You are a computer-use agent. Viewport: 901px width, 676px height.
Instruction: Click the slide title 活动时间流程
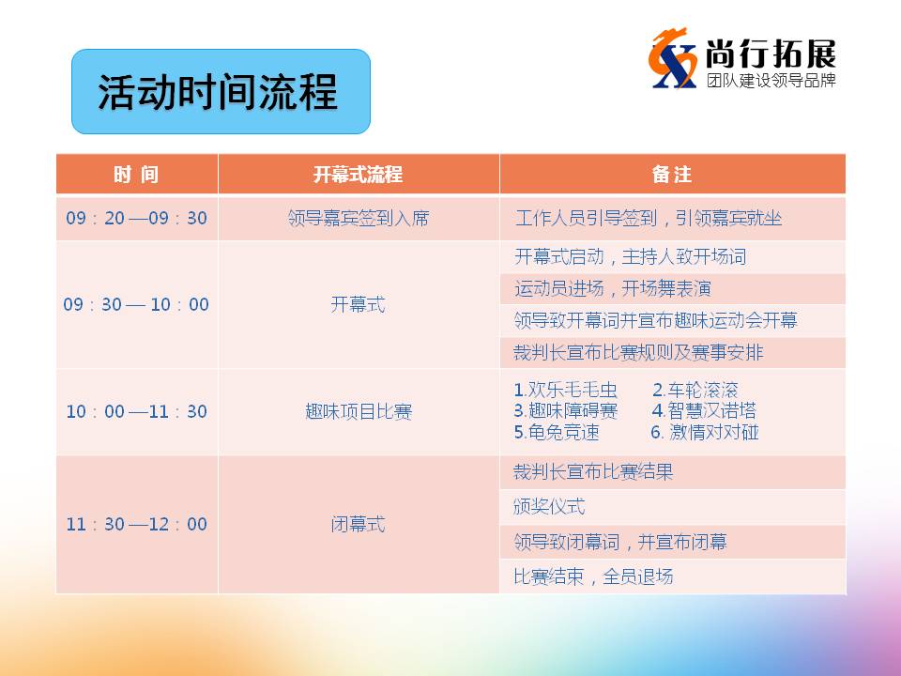tap(217, 92)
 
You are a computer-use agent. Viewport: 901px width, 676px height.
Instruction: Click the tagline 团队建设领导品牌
tap(771, 80)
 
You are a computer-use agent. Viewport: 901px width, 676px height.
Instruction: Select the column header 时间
tap(136, 175)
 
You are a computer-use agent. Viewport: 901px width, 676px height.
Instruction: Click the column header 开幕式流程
tap(358, 175)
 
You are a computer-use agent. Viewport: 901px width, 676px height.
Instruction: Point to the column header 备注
tap(672, 175)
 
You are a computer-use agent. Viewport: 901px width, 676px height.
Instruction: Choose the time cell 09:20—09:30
tap(136, 218)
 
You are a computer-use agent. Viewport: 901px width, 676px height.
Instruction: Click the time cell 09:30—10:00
tap(136, 304)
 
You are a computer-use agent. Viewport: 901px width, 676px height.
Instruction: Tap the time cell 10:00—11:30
tap(136, 411)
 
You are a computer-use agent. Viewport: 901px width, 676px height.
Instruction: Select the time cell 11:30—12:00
tap(136, 524)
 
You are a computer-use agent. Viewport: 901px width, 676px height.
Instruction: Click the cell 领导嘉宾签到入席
tap(358, 218)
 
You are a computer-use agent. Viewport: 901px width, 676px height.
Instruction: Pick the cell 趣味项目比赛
tap(358, 411)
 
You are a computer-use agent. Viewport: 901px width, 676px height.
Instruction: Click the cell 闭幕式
tap(358, 524)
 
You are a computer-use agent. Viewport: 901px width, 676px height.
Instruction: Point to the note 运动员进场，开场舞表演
tap(613, 288)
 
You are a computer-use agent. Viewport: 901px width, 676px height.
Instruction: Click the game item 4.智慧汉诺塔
tap(704, 410)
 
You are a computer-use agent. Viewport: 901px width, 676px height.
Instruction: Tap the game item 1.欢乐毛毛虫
tap(565, 390)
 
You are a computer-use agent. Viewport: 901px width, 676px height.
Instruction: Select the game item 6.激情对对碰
tap(705, 432)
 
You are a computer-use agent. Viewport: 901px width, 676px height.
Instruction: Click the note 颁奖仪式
tap(549, 506)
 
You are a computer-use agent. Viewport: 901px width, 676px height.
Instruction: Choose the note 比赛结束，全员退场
tap(593, 576)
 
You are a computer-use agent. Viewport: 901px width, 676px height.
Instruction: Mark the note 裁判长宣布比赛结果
tap(593, 472)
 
